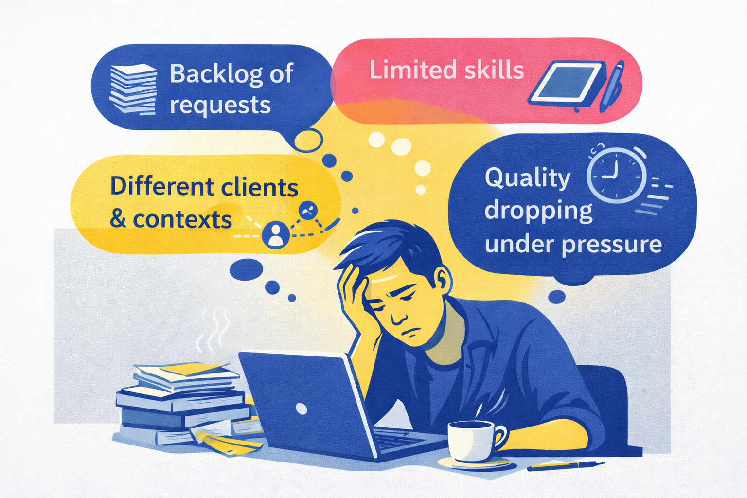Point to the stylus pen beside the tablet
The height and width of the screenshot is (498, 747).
(x=612, y=86)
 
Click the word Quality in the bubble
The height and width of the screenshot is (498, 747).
(x=528, y=178)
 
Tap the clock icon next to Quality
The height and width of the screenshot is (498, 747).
(x=616, y=175)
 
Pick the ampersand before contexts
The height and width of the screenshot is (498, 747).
(x=118, y=219)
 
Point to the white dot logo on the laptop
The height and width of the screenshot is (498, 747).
(x=302, y=409)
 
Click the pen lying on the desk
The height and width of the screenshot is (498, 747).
(x=566, y=465)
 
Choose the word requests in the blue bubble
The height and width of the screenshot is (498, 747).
(x=220, y=106)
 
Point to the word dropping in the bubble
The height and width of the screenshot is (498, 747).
(x=538, y=211)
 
